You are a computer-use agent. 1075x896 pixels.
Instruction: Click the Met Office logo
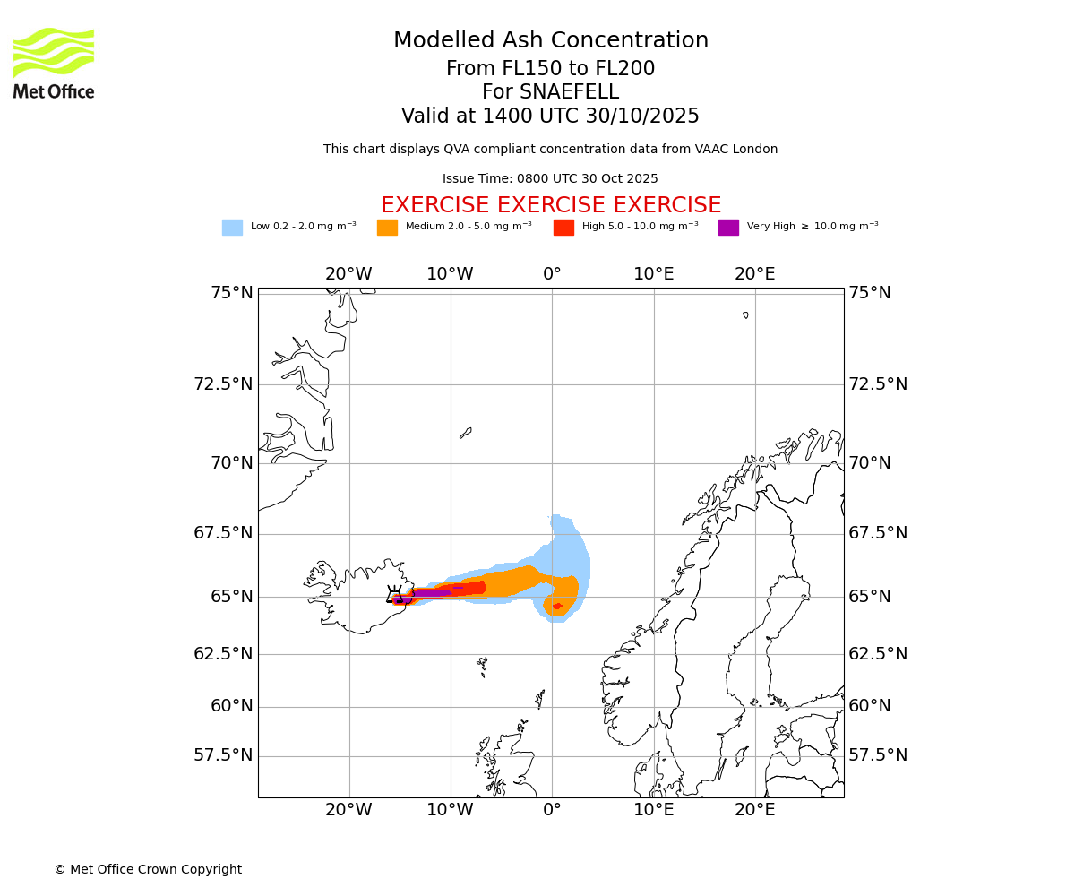click(54, 63)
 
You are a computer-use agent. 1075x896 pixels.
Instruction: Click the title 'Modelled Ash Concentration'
click(551, 40)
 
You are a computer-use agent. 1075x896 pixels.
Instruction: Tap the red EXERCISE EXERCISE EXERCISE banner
click(551, 205)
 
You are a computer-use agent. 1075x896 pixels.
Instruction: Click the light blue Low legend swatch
click(232, 228)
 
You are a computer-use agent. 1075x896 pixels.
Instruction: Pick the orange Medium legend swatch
click(387, 228)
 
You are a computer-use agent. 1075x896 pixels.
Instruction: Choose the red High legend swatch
click(563, 228)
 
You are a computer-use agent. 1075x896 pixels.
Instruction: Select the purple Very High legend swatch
click(728, 228)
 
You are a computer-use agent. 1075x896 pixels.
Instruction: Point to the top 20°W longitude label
click(348, 274)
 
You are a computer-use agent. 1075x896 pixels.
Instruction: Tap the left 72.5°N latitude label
click(223, 384)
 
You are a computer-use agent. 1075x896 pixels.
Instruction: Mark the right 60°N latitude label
click(870, 706)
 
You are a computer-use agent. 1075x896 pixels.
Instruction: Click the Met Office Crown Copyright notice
click(148, 869)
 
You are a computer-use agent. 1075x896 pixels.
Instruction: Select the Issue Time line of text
click(550, 178)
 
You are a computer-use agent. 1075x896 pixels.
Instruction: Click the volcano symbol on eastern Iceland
click(394, 594)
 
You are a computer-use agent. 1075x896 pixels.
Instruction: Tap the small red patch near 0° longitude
click(557, 607)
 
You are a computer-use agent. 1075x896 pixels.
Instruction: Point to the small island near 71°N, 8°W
click(465, 433)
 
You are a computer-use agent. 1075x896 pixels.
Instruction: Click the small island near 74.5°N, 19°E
click(745, 314)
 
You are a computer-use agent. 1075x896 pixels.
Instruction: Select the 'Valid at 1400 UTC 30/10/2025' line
click(550, 116)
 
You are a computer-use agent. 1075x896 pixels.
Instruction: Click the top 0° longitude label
click(552, 274)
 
